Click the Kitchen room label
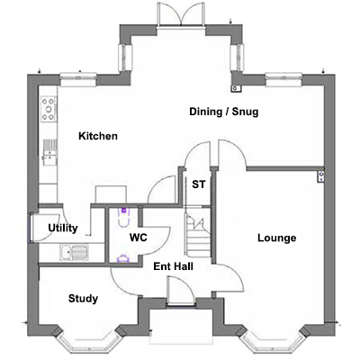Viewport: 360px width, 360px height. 98,136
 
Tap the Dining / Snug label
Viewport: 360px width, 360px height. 224,112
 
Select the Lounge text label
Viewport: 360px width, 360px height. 277,238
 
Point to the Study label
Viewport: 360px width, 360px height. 83,299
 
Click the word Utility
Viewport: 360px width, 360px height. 63,229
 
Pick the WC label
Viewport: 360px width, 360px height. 139,238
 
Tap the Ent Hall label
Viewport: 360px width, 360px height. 173,266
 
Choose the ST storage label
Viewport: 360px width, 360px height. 199,184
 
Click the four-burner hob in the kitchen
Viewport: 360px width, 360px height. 49,109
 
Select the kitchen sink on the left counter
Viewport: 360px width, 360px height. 49,152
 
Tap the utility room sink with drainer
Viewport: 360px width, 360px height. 75,252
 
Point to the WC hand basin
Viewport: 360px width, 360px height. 123,258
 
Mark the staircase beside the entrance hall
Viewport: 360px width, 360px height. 197,234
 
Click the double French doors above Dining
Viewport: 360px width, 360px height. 182,15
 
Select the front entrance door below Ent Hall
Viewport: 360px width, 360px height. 181,292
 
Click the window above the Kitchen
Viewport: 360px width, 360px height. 78,79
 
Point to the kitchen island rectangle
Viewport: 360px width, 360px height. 111,195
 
